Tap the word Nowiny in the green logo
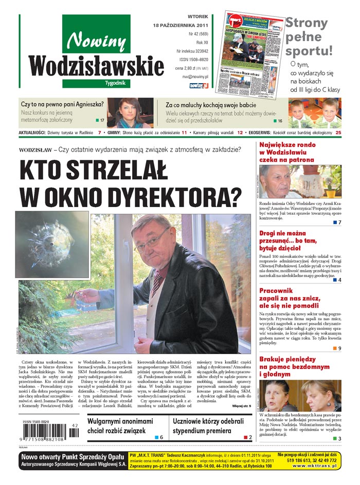pyautogui.click(x=96, y=41)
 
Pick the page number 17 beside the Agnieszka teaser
pyautogui.click(x=102, y=120)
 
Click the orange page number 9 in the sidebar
pyautogui.click(x=339, y=348)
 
